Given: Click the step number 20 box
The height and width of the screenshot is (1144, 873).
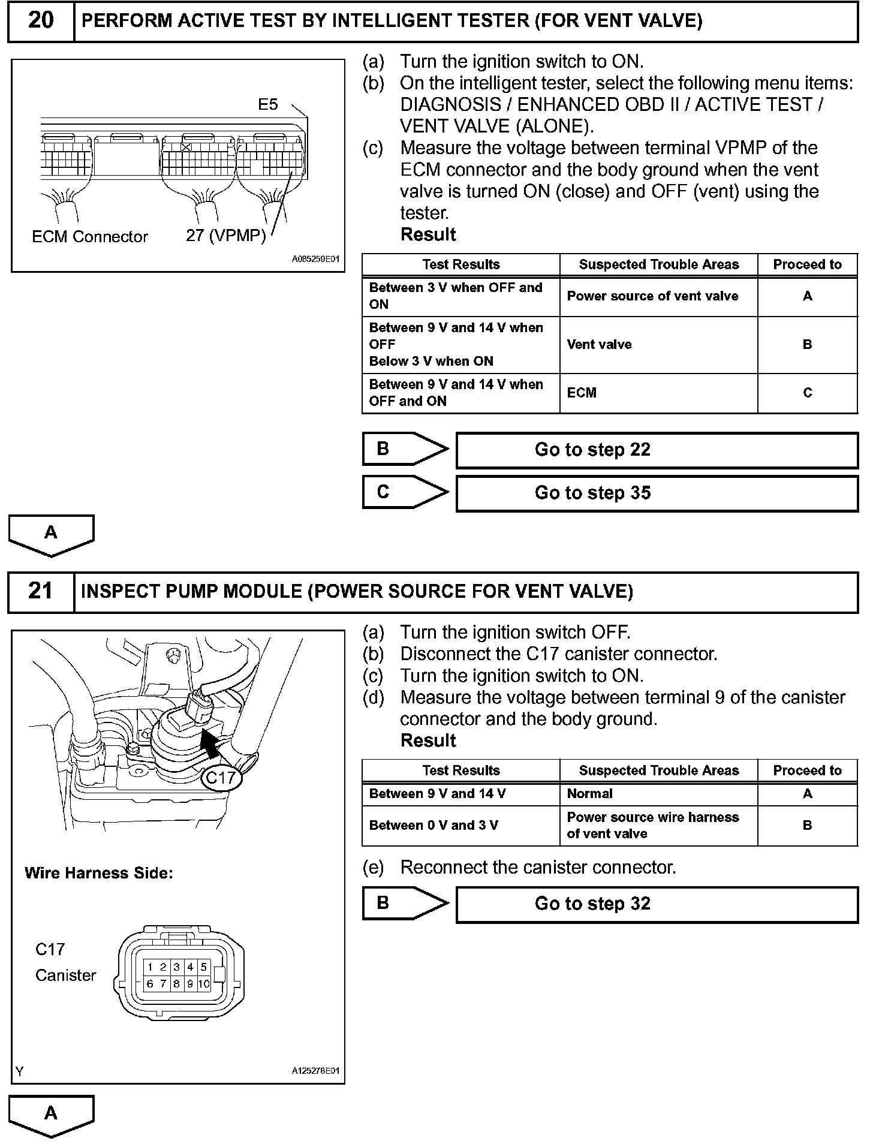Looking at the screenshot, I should (x=40, y=21).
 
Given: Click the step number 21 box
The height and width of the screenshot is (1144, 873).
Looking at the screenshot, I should (x=40, y=592).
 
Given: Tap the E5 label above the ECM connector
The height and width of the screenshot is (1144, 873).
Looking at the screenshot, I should (x=268, y=105).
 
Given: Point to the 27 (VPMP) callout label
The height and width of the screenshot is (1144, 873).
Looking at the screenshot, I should (x=225, y=236).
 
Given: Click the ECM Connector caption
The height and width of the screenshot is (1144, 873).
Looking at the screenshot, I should (x=90, y=237).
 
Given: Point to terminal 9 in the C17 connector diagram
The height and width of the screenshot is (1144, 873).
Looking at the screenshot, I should (x=190, y=984).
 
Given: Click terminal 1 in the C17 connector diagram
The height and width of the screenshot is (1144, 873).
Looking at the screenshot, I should (x=150, y=967).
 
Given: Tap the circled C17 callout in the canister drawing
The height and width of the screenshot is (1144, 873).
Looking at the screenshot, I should (x=221, y=778).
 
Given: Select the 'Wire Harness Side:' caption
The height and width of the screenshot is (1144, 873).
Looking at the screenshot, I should (x=99, y=874).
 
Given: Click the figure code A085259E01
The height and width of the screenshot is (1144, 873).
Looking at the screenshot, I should (x=315, y=260).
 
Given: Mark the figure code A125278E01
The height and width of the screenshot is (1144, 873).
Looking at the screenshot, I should (x=315, y=1071).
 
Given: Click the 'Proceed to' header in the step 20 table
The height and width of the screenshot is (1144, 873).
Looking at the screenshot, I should (x=807, y=264).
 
